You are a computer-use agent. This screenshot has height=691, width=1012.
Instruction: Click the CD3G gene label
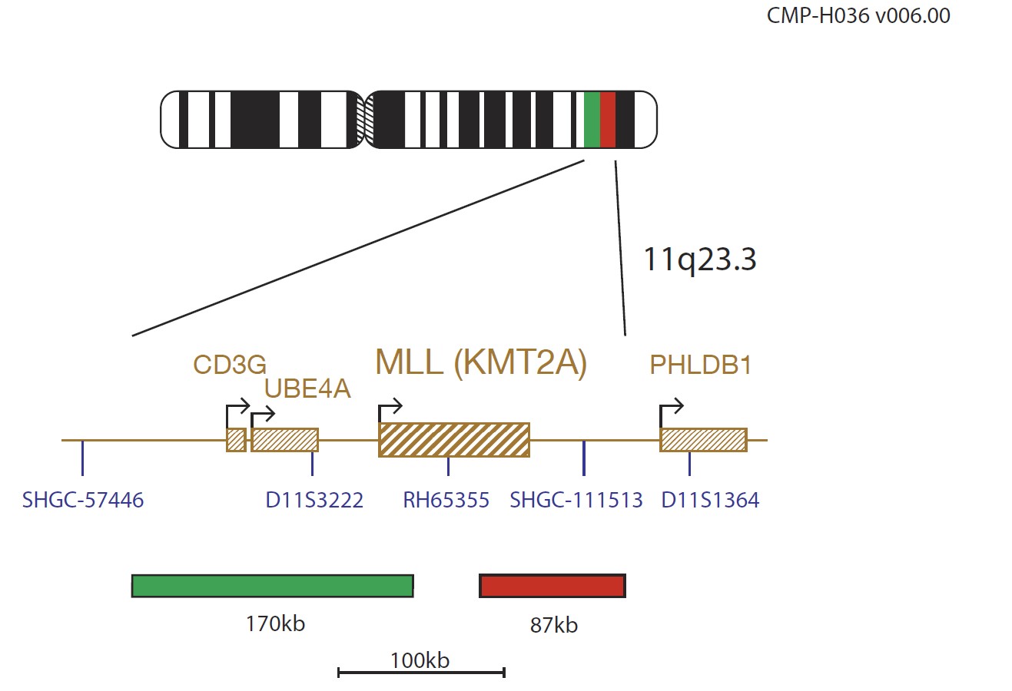pos(230,364)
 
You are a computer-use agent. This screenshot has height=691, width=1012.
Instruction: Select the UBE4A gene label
pos(307,388)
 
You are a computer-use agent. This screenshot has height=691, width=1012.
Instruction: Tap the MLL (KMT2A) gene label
pos(481,362)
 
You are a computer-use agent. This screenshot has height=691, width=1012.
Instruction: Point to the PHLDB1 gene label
pos(700,365)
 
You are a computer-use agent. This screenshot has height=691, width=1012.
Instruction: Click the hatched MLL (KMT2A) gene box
pos(454,440)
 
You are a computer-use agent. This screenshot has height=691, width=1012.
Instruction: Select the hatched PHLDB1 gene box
pos(703,440)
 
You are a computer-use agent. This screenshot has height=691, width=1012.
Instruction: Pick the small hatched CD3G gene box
pos(236,440)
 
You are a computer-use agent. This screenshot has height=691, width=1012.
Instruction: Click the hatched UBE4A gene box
pos(284,440)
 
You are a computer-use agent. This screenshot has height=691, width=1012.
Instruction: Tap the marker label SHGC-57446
pos(83,500)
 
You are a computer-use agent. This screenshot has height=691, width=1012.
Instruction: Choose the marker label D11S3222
pos(314,500)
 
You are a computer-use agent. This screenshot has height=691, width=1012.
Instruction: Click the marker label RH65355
pos(446,500)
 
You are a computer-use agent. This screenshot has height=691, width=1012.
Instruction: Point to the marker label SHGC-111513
pos(576,500)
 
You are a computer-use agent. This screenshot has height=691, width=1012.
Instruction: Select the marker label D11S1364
pos(710,500)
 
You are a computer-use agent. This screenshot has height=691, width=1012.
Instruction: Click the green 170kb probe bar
pos(273,586)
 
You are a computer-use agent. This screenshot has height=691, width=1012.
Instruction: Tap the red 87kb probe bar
pos(552,586)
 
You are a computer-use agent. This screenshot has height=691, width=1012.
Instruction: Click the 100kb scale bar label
pos(420,661)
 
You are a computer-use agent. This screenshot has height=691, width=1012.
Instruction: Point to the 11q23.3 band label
pos(700,260)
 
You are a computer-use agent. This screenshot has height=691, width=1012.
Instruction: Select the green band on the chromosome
pos(592,120)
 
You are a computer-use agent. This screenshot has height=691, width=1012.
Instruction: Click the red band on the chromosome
pos(608,120)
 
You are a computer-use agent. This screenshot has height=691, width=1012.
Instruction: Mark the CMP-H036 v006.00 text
pos(858,16)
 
